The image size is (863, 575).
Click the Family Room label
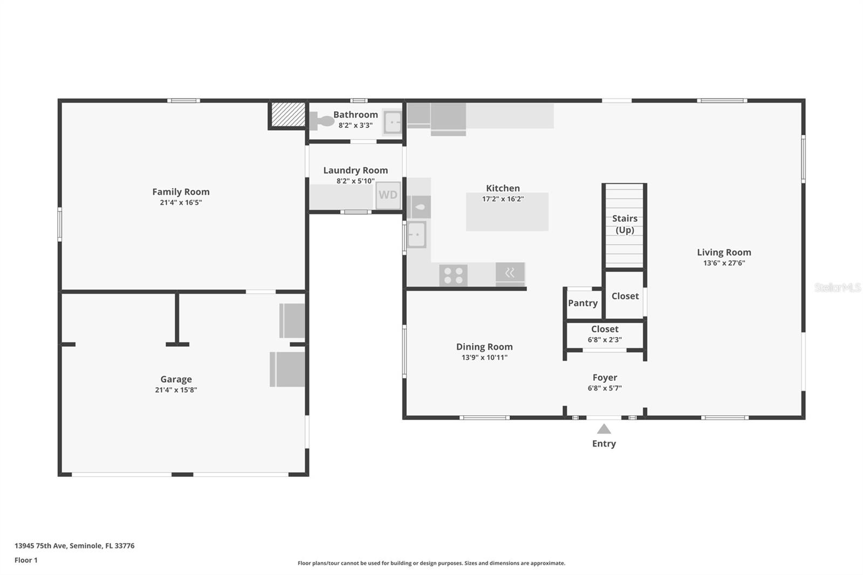(x=181, y=192)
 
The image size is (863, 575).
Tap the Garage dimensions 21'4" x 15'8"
(x=176, y=390)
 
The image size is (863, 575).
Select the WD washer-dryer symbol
(x=388, y=195)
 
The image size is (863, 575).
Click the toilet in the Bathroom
(x=322, y=121)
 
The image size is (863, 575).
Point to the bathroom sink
(x=393, y=121)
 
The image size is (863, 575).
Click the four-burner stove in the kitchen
(x=453, y=275)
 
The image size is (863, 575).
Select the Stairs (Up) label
(x=625, y=224)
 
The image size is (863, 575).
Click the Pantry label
(x=583, y=303)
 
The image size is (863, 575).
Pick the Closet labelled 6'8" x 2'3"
(x=605, y=334)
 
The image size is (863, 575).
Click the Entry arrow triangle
(x=604, y=429)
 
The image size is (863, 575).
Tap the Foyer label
(x=605, y=378)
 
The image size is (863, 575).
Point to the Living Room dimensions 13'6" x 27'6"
(x=724, y=263)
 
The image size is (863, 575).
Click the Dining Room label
(x=484, y=347)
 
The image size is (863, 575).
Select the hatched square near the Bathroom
(x=287, y=114)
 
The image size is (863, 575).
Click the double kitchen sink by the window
(x=416, y=235)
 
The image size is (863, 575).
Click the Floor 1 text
(x=26, y=560)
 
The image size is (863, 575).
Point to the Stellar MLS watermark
(x=837, y=287)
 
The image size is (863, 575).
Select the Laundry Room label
(x=355, y=170)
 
